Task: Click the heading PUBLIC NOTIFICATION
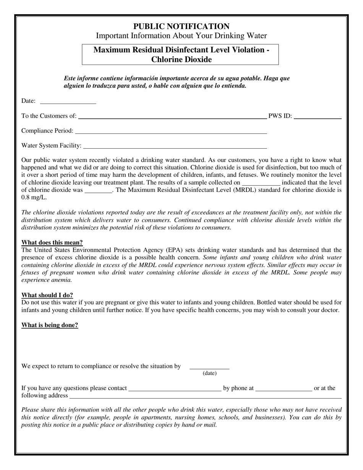tap(181, 26)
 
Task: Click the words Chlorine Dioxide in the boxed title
tap(181, 60)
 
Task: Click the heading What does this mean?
tap(52, 242)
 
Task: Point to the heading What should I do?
tap(47, 295)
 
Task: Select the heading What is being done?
tap(50, 325)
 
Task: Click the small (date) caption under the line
tap(209, 373)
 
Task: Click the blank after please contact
tap(175, 389)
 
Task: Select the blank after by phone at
tap(284, 389)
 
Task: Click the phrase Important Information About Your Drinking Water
tap(181, 36)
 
